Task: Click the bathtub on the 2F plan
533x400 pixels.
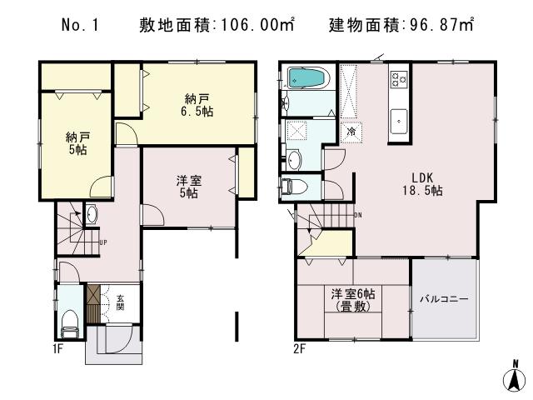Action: pos(309,78)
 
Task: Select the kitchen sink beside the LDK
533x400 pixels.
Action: pos(399,117)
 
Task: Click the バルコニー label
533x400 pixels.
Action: pos(443,298)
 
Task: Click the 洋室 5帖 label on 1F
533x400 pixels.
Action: pos(187,186)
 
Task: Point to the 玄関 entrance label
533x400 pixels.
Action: pos(119,302)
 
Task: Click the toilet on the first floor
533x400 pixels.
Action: pos(69,318)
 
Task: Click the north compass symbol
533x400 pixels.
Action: pos(515,377)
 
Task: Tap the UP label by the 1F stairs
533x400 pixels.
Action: pos(103,243)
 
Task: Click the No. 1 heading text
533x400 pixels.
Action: pos(81,25)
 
